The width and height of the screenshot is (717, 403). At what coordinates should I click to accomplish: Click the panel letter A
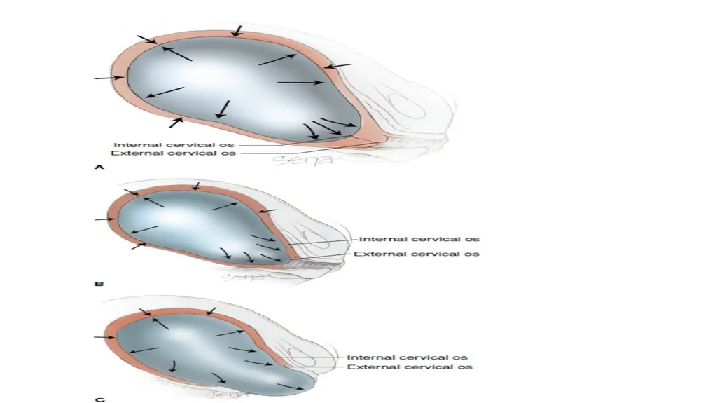[x=99, y=167]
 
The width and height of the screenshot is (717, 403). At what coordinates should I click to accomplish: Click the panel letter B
[x=99, y=284]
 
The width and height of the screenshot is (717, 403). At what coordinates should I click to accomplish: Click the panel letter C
[x=99, y=399]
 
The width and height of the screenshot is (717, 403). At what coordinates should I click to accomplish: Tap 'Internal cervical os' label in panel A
[x=174, y=145]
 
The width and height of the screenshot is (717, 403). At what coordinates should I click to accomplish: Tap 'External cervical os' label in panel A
[x=174, y=153]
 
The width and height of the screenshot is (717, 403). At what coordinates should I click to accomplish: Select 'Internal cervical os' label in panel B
[x=419, y=239]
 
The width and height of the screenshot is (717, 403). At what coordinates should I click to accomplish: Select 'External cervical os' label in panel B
[x=417, y=254]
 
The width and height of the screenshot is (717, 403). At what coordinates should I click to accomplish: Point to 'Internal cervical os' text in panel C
[x=407, y=357]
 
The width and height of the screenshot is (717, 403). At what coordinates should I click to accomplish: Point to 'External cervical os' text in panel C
[x=410, y=367]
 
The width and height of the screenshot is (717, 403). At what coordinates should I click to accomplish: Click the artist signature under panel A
[x=302, y=160]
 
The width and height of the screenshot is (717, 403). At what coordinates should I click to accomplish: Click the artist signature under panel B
[x=243, y=277]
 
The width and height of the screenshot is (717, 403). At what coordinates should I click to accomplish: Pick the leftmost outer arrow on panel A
[x=109, y=78]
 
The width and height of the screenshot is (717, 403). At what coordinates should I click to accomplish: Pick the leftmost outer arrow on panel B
[x=105, y=219]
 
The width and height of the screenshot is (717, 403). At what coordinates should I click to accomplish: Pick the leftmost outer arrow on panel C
[x=105, y=338]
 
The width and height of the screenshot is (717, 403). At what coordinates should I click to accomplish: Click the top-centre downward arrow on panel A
[x=237, y=31]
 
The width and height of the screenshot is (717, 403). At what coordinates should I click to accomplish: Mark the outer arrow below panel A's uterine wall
[x=176, y=122]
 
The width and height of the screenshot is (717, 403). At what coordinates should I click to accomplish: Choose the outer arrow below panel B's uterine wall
[x=139, y=246]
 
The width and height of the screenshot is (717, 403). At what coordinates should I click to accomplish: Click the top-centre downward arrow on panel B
[x=196, y=186]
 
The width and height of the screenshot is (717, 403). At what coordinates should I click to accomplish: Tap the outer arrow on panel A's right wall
[x=337, y=67]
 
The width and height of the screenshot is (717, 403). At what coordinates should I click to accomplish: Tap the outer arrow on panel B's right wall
[x=267, y=211]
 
